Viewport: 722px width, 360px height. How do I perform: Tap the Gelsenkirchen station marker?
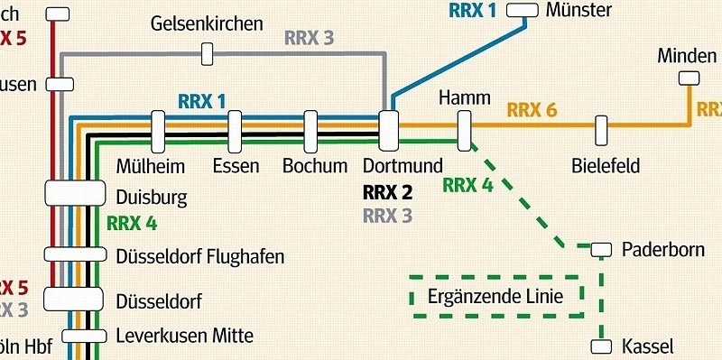[x=207, y=54]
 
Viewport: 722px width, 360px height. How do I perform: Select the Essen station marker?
[x=236, y=132]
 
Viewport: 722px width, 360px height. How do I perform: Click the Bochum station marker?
[x=311, y=132]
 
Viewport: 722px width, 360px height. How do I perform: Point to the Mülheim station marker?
[x=158, y=132]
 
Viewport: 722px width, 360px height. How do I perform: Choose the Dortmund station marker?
[x=389, y=132]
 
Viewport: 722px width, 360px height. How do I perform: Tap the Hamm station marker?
[x=465, y=131]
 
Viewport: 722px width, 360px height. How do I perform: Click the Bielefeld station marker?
[x=601, y=131]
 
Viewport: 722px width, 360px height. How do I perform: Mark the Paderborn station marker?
[x=601, y=248]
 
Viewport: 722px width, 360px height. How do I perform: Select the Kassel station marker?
[x=601, y=346]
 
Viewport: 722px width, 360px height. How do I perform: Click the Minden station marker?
[x=690, y=78]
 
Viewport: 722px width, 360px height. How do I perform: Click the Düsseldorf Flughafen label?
[x=200, y=257]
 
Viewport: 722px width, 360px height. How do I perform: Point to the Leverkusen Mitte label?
[x=185, y=336]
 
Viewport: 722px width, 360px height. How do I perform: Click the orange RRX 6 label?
[x=532, y=111]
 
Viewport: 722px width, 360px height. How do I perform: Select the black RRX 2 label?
[x=387, y=192]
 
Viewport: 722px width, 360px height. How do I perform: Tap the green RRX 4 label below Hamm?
[x=467, y=186]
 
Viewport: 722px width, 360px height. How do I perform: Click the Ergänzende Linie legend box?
[x=497, y=297]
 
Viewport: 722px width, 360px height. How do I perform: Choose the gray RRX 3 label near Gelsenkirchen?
[x=309, y=38]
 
